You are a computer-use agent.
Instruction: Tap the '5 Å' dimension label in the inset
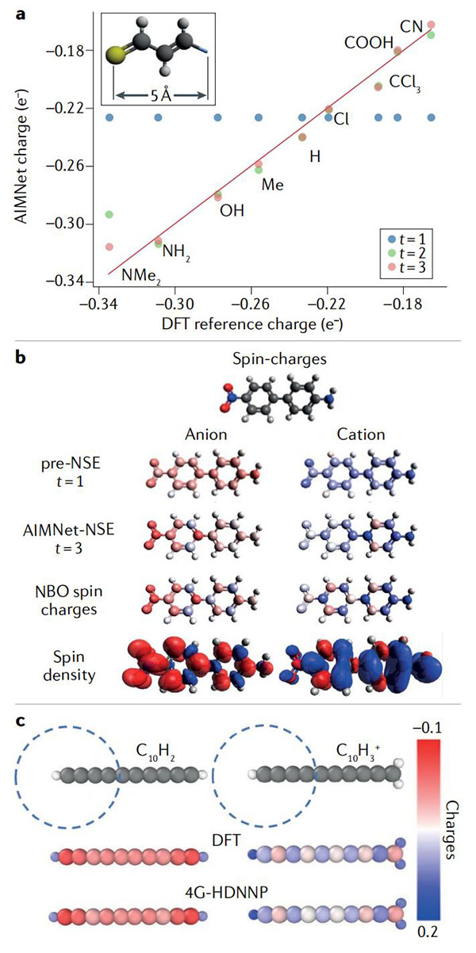(x=161, y=95)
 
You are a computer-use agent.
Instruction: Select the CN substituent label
(x=411, y=27)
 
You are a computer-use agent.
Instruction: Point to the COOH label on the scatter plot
(x=369, y=43)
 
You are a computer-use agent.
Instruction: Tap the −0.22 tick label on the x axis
(x=327, y=304)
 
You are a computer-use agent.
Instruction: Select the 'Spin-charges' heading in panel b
(x=279, y=359)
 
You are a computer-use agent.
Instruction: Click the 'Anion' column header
(x=205, y=434)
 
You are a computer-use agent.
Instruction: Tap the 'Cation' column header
(x=361, y=434)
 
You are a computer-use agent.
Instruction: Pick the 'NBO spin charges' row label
(x=69, y=601)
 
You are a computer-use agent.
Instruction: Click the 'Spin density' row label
(x=69, y=666)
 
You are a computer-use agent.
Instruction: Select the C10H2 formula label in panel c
(x=155, y=752)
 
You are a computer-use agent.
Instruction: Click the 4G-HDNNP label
(x=226, y=892)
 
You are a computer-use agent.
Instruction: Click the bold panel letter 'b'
(x=20, y=357)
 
